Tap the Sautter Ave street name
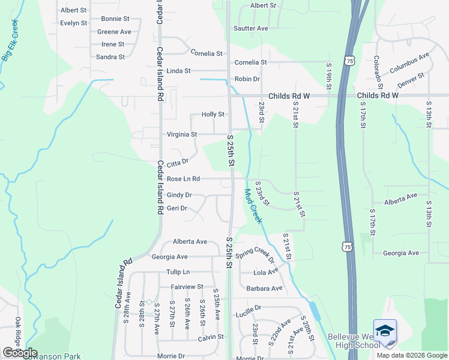coord(251,28)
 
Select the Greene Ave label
coord(114,32)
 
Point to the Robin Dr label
coord(247,79)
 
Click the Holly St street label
coord(213,114)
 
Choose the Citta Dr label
coord(177,163)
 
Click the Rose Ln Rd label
coord(183,179)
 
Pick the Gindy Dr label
coord(179,195)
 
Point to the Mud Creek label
coord(253,206)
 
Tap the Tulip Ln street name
coord(178,272)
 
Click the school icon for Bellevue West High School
coord(385,331)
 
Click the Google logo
coord(20,353)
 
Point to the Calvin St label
coord(211,338)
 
